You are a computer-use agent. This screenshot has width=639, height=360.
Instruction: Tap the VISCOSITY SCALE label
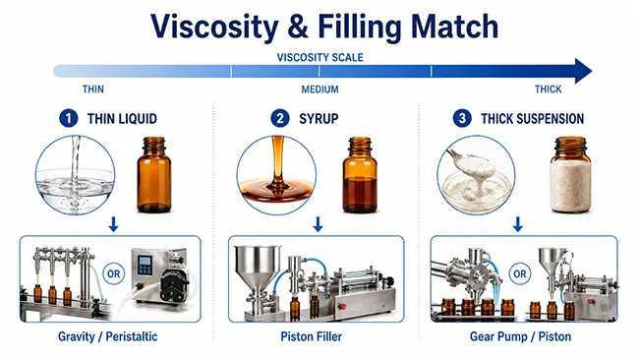pyautogui.click(x=319, y=57)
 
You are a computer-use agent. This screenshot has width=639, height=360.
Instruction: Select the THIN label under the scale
pyautogui.click(x=93, y=90)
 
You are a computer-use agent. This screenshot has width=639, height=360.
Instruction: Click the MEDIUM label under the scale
pyautogui.click(x=319, y=90)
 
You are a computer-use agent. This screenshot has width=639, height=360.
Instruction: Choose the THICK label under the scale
pyautogui.click(x=548, y=90)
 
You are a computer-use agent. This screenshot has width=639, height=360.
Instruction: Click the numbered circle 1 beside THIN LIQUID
pyautogui.click(x=68, y=119)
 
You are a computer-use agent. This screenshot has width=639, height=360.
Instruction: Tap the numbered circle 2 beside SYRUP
pyautogui.click(x=281, y=119)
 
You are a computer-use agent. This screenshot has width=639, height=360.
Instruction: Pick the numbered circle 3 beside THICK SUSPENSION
pyautogui.click(x=463, y=119)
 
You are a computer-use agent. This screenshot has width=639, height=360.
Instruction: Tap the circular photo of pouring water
pyautogui.click(x=74, y=173)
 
